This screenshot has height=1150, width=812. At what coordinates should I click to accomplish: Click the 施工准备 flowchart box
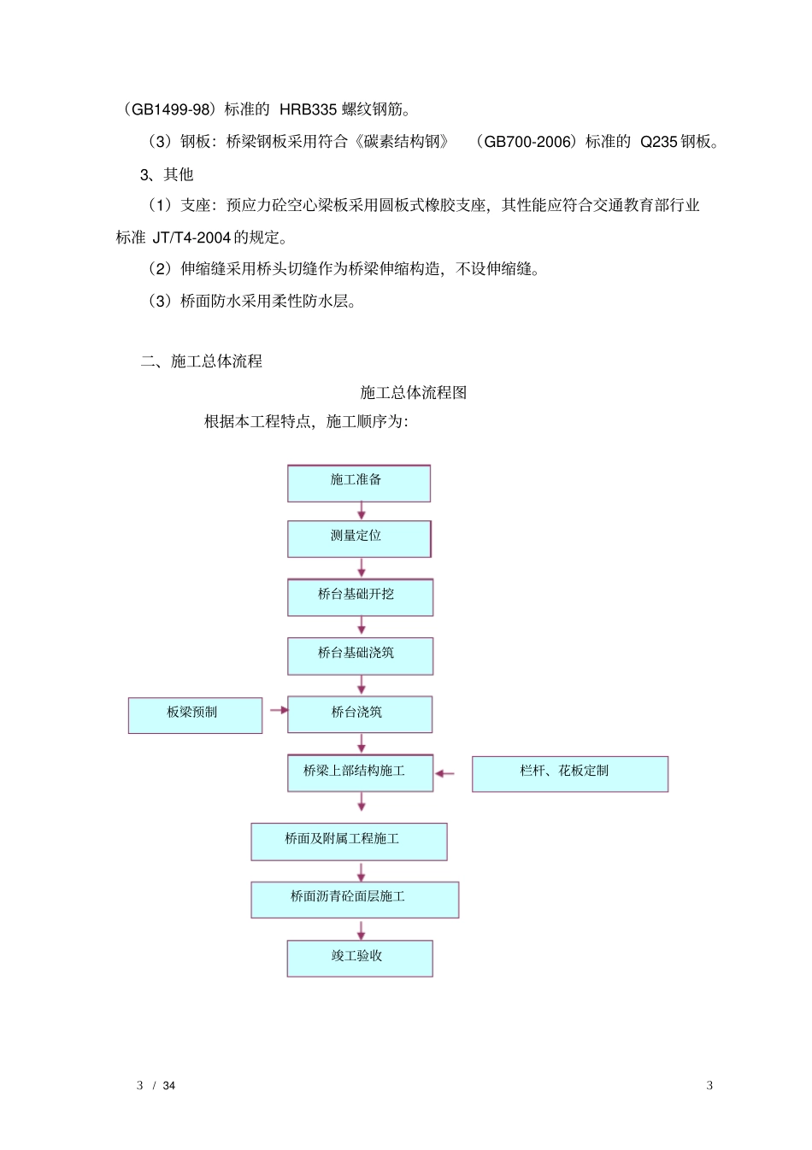(x=358, y=483)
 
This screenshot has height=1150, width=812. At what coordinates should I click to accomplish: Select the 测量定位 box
(x=359, y=538)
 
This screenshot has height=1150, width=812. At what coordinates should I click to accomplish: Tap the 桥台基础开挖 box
(x=360, y=596)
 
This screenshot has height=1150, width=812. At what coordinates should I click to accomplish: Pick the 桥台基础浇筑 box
(x=360, y=655)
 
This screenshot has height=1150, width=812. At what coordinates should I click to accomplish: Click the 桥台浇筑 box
(x=359, y=714)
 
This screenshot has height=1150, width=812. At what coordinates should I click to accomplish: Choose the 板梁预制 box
(x=195, y=715)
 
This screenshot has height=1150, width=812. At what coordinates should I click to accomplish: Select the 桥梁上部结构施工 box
(x=360, y=772)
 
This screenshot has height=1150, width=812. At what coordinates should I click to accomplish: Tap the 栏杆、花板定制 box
(x=569, y=773)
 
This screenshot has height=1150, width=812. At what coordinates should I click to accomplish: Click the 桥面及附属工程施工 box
(x=349, y=841)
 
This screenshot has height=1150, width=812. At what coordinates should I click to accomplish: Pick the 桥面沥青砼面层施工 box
(x=355, y=899)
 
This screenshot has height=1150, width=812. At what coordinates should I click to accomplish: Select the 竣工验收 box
(x=359, y=958)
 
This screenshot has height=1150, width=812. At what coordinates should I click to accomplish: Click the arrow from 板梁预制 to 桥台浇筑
(x=279, y=710)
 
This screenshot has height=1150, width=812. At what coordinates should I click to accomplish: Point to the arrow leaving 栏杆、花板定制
(x=444, y=773)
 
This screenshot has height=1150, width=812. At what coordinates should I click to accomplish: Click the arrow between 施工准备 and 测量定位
(x=362, y=511)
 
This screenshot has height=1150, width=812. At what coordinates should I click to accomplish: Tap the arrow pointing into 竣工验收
(x=362, y=930)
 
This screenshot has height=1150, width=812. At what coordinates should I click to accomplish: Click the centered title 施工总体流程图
(x=414, y=392)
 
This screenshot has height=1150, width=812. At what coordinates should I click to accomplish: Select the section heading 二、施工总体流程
(x=202, y=361)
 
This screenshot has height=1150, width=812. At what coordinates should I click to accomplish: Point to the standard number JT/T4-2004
(x=191, y=238)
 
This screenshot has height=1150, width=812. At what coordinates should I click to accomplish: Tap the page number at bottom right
(x=709, y=1085)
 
